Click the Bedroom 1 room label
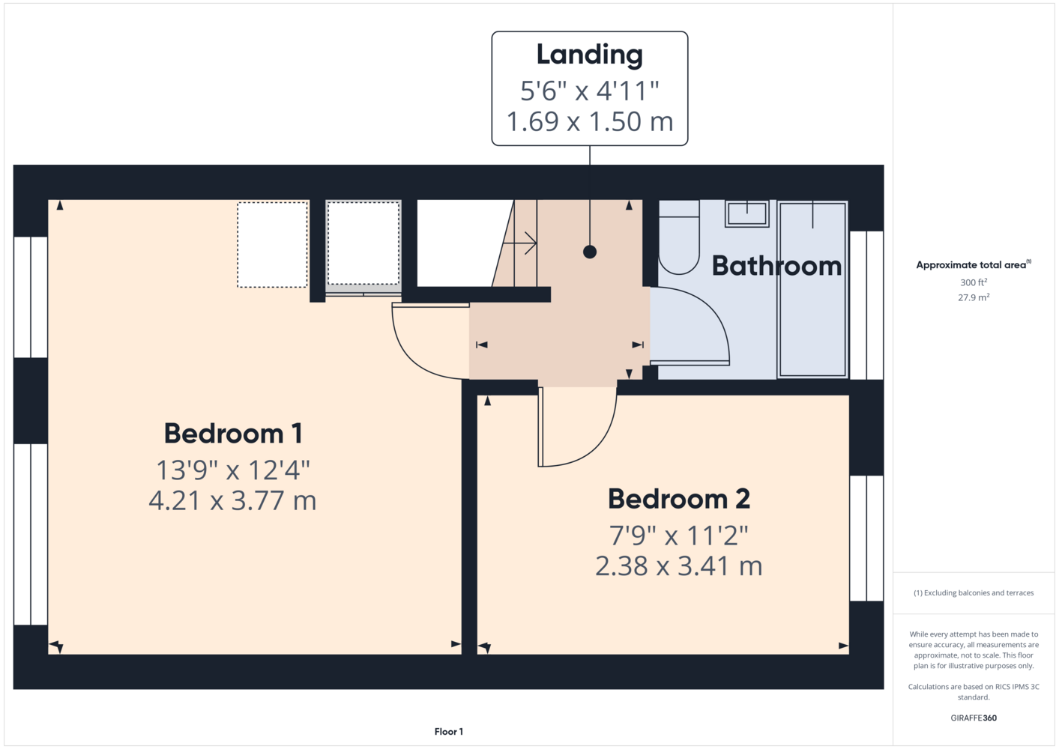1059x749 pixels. [233, 434]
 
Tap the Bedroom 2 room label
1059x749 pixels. [679, 499]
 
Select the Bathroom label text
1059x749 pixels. [776, 266]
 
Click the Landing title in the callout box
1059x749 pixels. [590, 55]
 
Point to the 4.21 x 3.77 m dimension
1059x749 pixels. [232, 501]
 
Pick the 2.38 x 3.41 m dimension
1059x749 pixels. [679, 566]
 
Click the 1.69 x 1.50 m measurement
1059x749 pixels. [590, 121]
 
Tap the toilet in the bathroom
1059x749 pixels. [679, 237]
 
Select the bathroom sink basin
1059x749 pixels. [747, 213]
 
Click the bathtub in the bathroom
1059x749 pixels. [812, 290]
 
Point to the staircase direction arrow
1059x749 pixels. [520, 244]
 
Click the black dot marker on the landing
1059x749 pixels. [590, 252]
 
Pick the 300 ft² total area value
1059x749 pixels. [974, 282]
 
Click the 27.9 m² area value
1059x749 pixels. [974, 297]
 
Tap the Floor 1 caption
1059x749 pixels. [449, 732]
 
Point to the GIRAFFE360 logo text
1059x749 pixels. [974, 718]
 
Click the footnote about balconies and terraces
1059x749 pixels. [974, 592]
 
